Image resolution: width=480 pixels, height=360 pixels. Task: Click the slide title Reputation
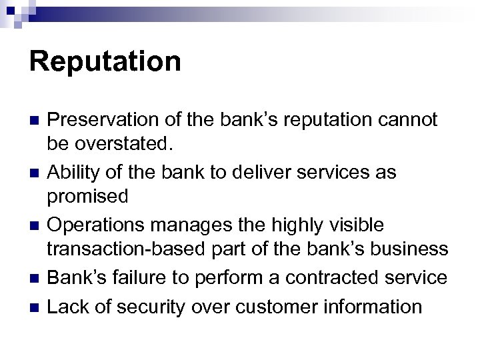[x=105, y=61]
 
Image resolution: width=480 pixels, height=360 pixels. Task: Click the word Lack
[x=67, y=306]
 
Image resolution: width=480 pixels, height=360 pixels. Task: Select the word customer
[x=265, y=306]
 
